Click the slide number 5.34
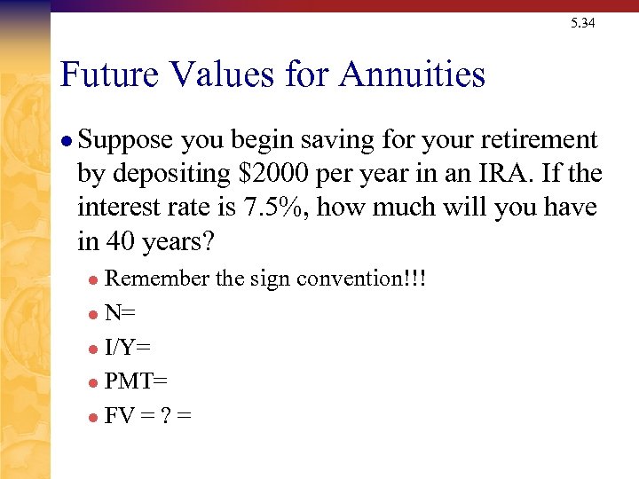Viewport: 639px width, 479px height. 583,23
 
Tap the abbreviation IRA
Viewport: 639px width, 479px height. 492,174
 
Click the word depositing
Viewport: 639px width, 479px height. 177,174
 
